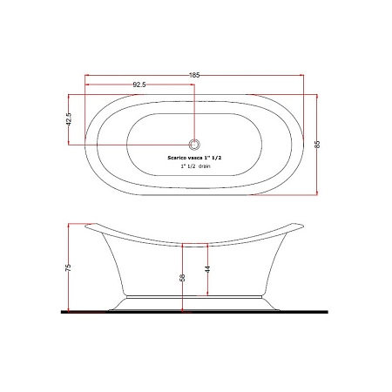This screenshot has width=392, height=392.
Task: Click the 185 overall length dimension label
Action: pyautogui.click(x=194, y=75)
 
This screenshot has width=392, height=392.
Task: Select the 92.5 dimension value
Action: pyautogui.click(x=139, y=84)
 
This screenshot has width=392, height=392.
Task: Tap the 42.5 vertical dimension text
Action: pyautogui.click(x=69, y=119)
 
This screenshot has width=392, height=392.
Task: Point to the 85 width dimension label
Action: pyautogui.click(x=317, y=145)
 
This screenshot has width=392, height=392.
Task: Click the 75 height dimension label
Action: pyautogui.click(x=68, y=267)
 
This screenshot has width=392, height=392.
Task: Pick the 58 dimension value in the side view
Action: pyautogui.click(x=182, y=278)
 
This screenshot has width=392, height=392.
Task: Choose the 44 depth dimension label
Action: pyautogui.click(x=207, y=269)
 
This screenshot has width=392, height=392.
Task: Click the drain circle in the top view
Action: pyautogui.click(x=194, y=145)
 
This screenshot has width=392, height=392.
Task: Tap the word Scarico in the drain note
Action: pyautogui.click(x=176, y=158)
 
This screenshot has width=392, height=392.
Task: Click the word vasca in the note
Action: pyautogui.click(x=192, y=158)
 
